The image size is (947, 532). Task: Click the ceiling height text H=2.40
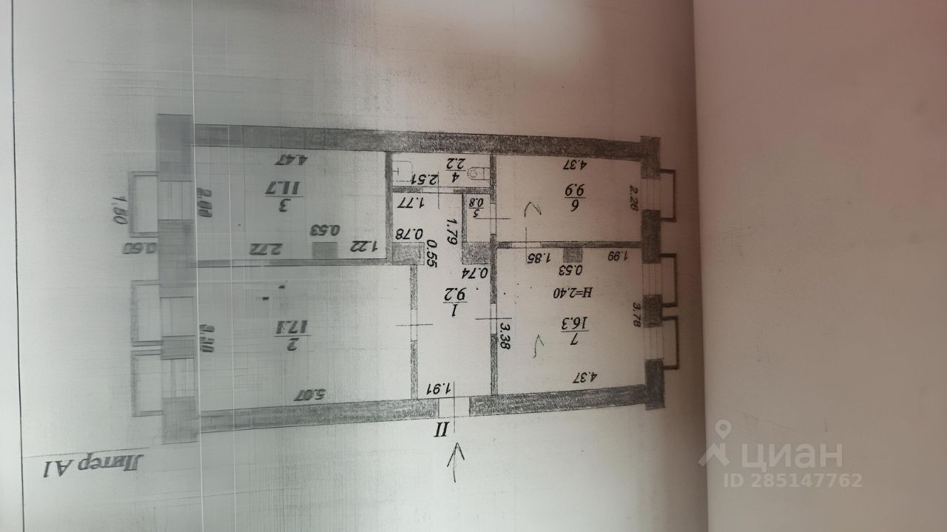pos(570,292)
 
